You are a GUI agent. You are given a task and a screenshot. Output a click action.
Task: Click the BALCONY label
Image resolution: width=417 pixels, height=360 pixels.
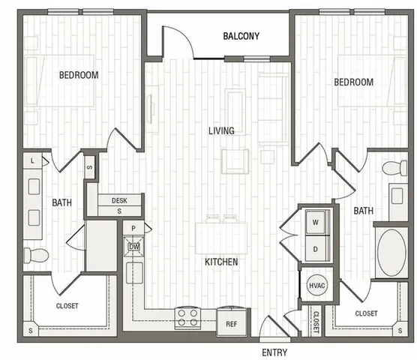pos(241,36)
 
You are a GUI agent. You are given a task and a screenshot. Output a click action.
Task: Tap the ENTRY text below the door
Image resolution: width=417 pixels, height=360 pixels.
pos(274,352)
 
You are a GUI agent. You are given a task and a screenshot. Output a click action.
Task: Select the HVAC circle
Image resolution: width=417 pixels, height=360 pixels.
pos(316,286)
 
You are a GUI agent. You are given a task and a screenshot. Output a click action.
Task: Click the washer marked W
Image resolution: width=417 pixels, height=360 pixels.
pos(316,222)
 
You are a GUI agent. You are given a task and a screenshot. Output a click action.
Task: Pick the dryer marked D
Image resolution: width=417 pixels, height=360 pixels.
pos(316,249)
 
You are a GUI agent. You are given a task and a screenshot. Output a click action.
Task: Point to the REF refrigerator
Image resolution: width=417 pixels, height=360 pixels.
pos(231,322)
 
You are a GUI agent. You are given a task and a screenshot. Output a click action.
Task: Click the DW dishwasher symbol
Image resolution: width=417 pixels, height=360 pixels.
pos(134,247)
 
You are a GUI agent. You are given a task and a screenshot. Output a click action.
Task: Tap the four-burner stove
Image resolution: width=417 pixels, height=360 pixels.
pos(187,318)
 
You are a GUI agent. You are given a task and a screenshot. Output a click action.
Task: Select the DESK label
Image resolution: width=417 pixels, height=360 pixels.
pos(119,200)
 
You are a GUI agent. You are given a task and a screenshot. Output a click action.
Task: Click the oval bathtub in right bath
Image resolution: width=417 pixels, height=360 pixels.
pos(391,253)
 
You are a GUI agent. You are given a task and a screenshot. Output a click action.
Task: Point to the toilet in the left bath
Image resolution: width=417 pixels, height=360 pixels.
pos(36,255)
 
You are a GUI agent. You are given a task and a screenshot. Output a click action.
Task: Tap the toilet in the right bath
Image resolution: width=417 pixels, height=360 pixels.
pos(394,168)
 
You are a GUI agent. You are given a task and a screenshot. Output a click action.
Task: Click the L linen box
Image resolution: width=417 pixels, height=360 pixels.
pos(32,160)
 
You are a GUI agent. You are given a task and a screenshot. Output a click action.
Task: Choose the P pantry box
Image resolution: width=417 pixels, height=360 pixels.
pos(133,228)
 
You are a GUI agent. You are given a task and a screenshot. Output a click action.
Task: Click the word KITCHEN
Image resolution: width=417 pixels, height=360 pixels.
pos(221,262)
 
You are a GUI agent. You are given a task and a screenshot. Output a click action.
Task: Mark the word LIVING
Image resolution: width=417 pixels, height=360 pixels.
pos(221,130)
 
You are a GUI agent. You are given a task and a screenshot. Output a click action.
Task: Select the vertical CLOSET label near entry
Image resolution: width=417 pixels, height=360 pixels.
pos(316,322)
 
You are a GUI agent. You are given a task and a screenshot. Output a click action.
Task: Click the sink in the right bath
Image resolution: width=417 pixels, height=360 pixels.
pos(397,196)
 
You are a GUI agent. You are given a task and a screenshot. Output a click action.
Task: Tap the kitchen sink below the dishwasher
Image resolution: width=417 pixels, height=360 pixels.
pos(134,273)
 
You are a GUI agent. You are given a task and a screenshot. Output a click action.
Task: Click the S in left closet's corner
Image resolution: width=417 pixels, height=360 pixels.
pos(31,331)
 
